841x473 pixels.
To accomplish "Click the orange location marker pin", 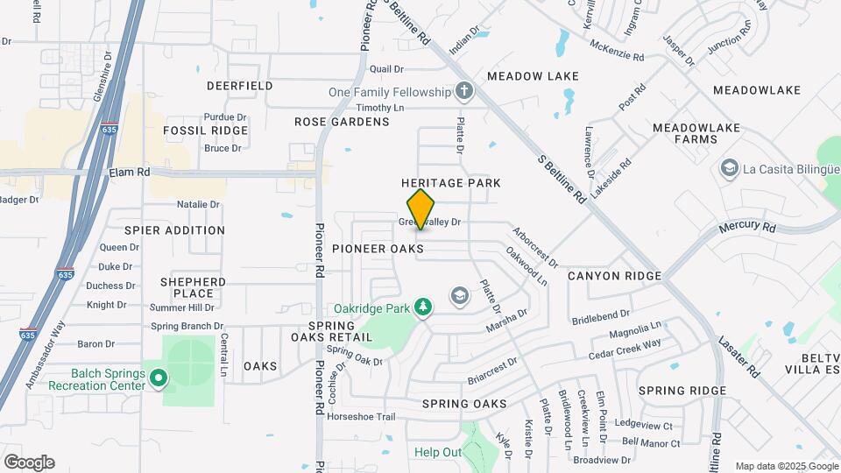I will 421,209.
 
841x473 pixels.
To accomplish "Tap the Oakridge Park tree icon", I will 423,306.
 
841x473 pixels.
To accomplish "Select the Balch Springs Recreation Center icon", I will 159,378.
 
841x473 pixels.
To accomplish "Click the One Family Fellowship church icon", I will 463,91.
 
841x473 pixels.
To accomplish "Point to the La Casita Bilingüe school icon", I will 728,167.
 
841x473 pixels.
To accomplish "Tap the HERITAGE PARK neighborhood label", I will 450,183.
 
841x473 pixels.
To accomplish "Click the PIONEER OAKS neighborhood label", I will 378,250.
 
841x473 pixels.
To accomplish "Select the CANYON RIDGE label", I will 614,276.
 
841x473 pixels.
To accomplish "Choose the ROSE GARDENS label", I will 342,122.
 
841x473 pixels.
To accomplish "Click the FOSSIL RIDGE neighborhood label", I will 206,131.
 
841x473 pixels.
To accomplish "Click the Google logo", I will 28,462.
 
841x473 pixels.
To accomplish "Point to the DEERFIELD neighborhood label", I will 239,86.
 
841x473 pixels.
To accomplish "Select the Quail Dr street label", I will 386,68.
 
